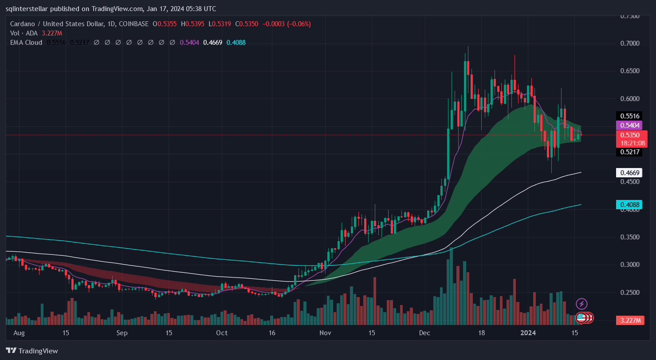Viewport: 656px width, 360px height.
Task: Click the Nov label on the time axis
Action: (x=326, y=333)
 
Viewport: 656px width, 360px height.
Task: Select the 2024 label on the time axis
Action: (x=528, y=333)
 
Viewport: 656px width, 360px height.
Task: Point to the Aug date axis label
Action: (x=19, y=333)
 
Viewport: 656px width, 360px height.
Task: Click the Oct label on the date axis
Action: (x=222, y=333)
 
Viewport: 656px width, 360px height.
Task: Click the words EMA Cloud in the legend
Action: (x=26, y=43)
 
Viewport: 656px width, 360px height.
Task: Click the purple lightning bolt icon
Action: (x=581, y=304)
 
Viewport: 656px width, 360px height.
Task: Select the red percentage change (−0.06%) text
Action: (x=299, y=24)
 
